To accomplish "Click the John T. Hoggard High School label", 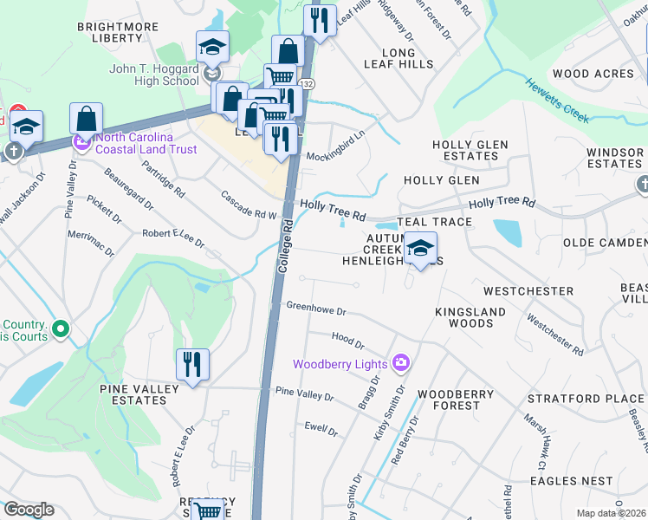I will point(154,75).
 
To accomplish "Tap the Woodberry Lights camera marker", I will point(401,362).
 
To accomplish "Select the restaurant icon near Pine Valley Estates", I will point(192,365).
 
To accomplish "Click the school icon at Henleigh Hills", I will point(420,250).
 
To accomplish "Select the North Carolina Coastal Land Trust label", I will point(146,143).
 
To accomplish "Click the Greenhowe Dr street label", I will point(316,309).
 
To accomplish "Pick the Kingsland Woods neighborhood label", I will point(463,317).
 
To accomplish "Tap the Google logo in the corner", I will point(29,510).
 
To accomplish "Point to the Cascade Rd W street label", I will point(248,205).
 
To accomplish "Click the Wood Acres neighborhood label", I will point(593,74).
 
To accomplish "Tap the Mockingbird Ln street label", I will point(336,145).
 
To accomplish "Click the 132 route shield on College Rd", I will point(309,83).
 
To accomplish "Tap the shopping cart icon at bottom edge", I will point(208,510).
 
